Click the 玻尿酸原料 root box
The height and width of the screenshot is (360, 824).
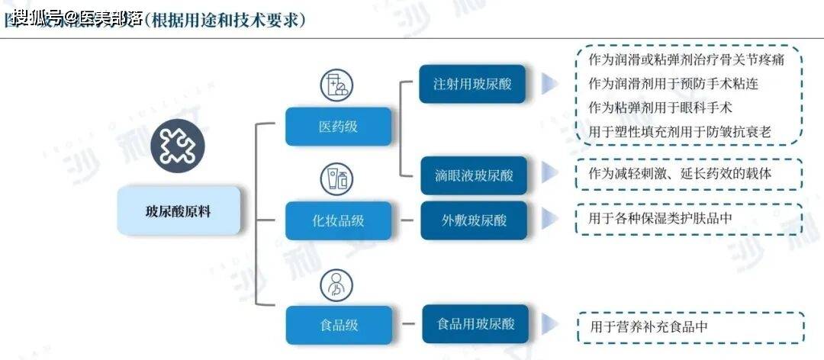click(x=179, y=211)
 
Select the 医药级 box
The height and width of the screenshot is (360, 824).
click(x=338, y=127)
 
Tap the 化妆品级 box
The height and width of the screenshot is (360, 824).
click(x=338, y=220)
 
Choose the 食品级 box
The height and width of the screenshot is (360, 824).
click(x=338, y=325)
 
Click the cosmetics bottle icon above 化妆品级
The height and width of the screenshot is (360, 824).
click(x=336, y=179)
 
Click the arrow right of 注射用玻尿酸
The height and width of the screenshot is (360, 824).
click(x=549, y=84)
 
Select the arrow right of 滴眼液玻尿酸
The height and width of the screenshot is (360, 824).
click(x=549, y=175)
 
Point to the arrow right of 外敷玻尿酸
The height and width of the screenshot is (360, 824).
click(x=549, y=220)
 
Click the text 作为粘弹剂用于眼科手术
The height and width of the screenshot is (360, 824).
click(x=661, y=107)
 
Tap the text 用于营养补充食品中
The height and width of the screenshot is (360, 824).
click(x=649, y=326)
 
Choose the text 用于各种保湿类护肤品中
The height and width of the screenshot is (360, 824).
click(x=661, y=219)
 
